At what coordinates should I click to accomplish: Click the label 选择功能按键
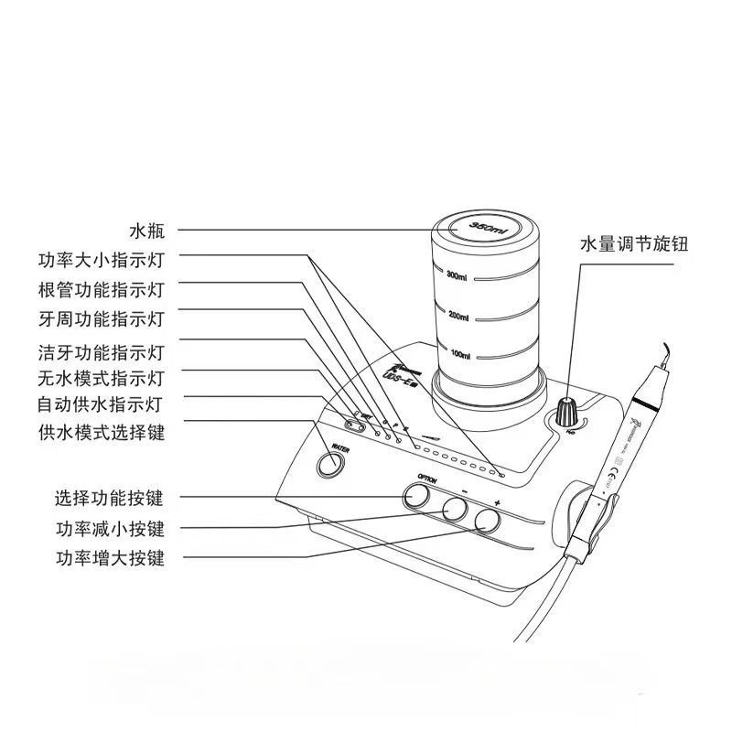(109, 499)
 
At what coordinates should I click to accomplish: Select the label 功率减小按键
(109, 528)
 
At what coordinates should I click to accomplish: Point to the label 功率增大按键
(109, 557)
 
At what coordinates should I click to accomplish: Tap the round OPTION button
(416, 496)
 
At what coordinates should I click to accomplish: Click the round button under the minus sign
(455, 510)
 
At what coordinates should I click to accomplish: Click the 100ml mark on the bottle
(459, 354)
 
